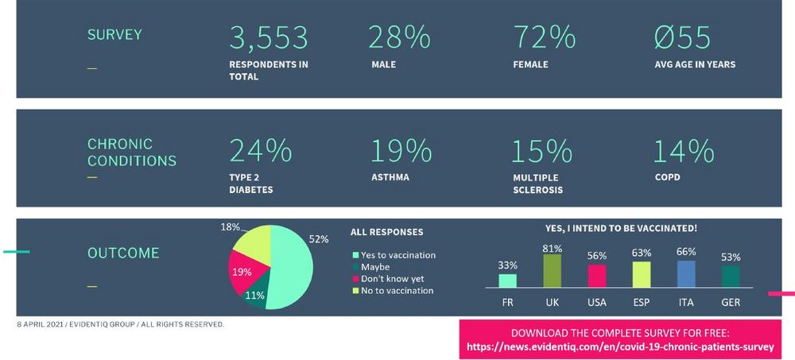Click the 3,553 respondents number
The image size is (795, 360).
tap(268, 38)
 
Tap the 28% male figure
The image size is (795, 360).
tap(400, 38)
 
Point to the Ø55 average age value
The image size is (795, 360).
tap(682, 38)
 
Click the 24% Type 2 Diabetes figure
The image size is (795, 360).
tap(260, 150)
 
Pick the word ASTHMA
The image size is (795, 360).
tap(390, 177)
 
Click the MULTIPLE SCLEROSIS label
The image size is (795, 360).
tap(537, 184)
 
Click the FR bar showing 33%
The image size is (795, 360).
tap(507, 280)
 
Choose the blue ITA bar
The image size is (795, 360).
tap(686, 273)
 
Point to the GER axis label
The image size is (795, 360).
tap(731, 303)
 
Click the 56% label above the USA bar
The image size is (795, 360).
tap(597, 256)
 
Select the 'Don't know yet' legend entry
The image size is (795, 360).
tap(394, 279)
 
